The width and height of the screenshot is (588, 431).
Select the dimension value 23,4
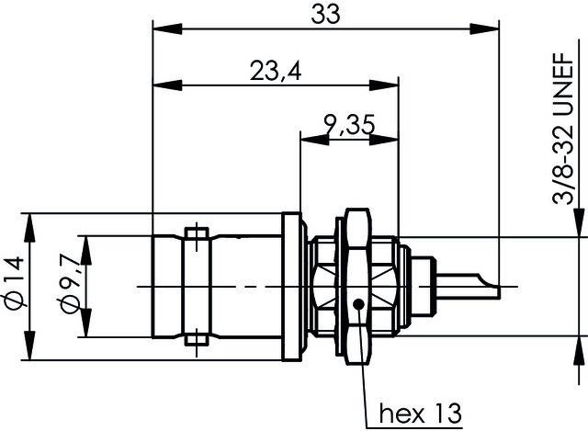point(276,71)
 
